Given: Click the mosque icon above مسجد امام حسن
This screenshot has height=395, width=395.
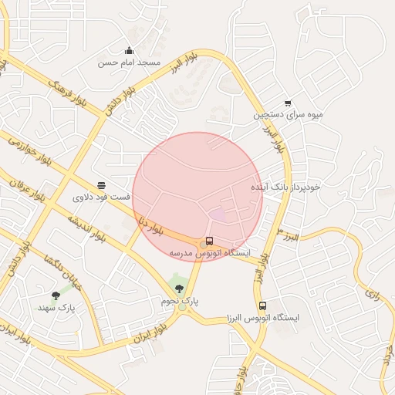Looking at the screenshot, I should [128, 51].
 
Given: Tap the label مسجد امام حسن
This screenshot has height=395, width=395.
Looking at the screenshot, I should [129, 62].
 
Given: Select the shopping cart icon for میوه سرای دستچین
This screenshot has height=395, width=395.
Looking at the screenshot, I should [288, 103].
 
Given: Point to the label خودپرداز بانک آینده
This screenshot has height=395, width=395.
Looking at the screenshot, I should [285, 187].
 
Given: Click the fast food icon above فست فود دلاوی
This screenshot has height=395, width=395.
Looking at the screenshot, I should [101, 185].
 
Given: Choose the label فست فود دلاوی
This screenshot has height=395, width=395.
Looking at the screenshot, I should [102, 197].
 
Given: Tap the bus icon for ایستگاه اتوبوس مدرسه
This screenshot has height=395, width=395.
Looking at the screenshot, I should [209, 241].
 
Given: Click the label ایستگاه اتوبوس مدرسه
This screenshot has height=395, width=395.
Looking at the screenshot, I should [209, 253].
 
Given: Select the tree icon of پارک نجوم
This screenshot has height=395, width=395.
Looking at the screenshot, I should [180, 289].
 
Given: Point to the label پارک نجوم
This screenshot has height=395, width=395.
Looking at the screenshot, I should [180, 300].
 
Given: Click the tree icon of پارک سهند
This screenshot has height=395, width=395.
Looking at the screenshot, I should [56, 295].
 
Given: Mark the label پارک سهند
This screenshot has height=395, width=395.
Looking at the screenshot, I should [56, 308].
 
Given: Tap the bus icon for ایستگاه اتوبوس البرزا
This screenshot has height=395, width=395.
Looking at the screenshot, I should [262, 306].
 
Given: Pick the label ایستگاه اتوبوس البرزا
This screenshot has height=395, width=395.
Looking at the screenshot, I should [262, 318].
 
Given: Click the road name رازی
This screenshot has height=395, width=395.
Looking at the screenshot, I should [373, 294].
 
